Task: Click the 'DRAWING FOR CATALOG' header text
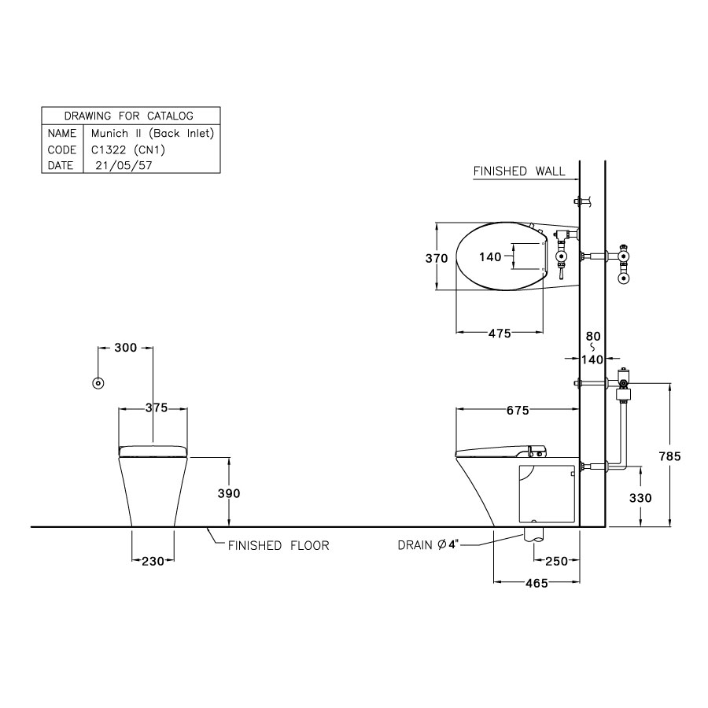coord(129,116)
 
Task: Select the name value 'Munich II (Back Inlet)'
coord(152,133)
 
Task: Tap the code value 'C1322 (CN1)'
coord(129,149)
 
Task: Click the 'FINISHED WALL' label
coord(519,171)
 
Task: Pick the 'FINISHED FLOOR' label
coord(278,545)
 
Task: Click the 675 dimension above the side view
coord(515,410)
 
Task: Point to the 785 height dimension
coord(669,455)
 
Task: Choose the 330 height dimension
coord(641,498)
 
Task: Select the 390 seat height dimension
coord(229,492)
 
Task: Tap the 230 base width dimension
coord(153,561)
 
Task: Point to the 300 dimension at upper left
coord(125,347)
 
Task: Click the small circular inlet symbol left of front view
coord(98,383)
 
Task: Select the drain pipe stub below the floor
coord(533,533)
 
